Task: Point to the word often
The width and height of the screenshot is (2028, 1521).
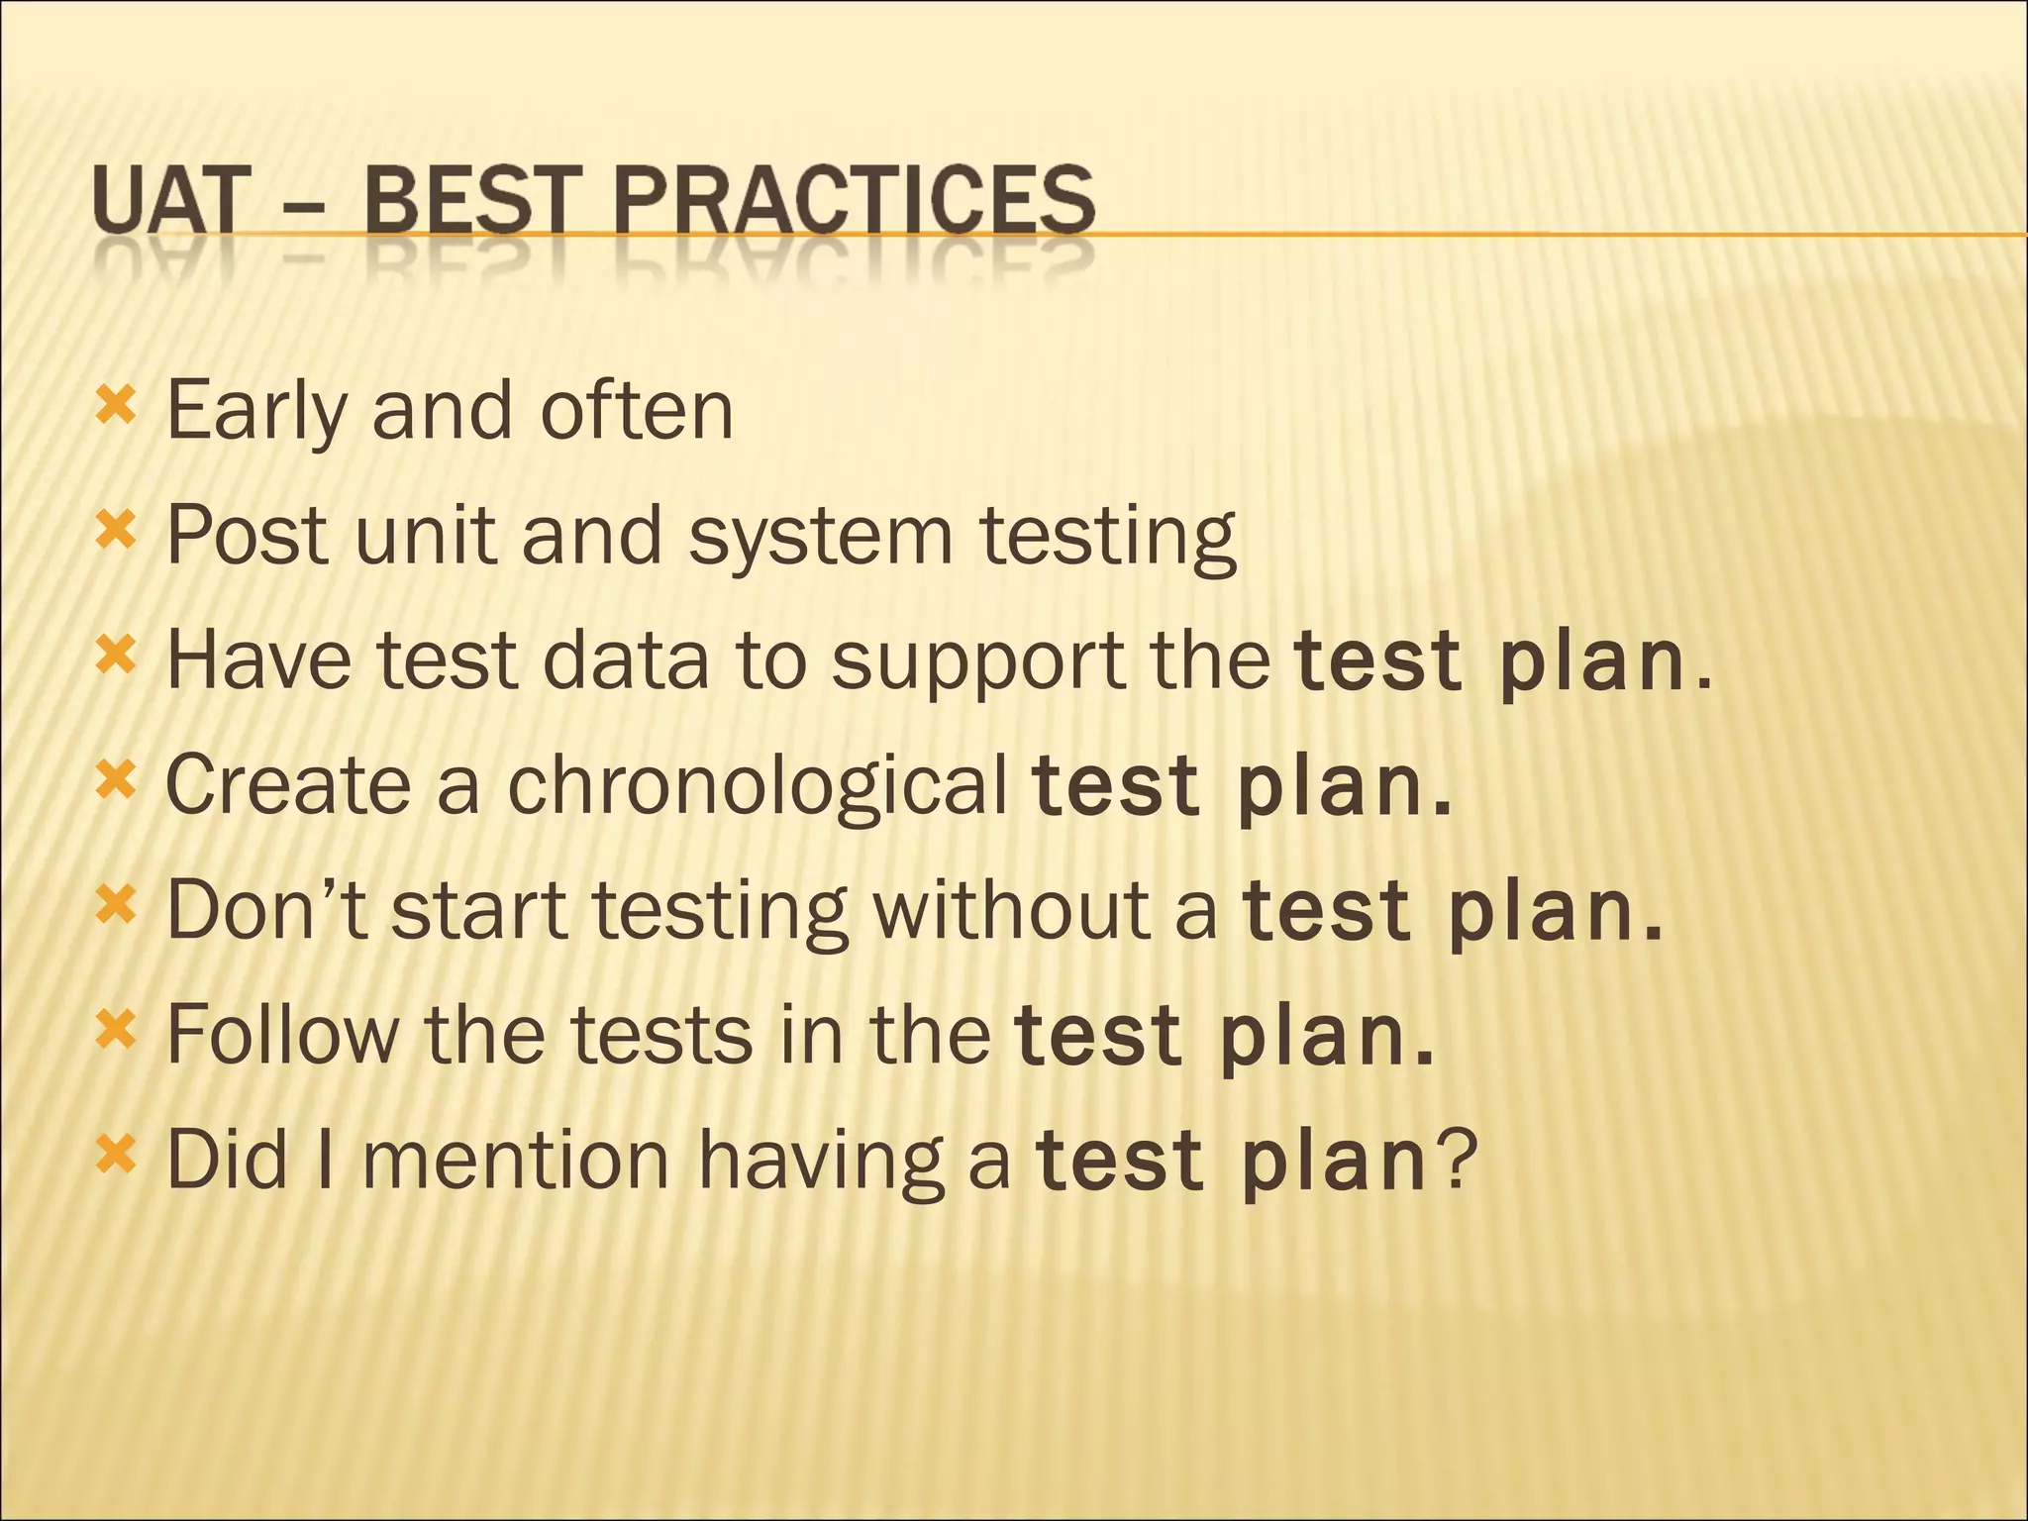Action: [636, 411]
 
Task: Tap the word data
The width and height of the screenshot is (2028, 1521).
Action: [627, 660]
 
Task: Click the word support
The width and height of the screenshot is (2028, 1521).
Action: [976, 660]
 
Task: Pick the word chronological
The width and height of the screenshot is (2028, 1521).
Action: [758, 785]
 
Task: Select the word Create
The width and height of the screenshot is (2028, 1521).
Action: [287, 785]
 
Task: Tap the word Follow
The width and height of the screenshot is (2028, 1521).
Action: [281, 1035]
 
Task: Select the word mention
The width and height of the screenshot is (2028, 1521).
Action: [516, 1160]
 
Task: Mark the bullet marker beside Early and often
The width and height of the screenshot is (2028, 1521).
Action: [115, 406]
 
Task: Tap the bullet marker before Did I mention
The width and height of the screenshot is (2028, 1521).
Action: [115, 1155]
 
